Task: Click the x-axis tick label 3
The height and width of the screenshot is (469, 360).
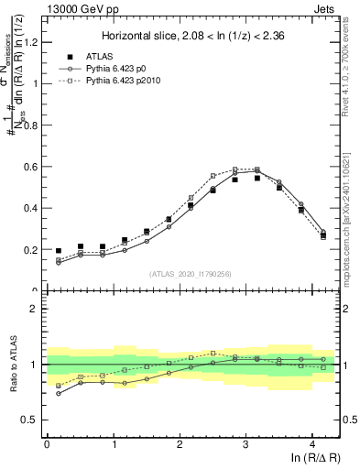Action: point(246,444)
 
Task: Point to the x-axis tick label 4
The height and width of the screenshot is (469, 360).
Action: point(312,444)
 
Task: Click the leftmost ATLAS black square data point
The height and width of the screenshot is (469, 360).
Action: point(59,251)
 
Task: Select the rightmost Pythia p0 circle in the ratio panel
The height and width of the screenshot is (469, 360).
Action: point(323,359)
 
